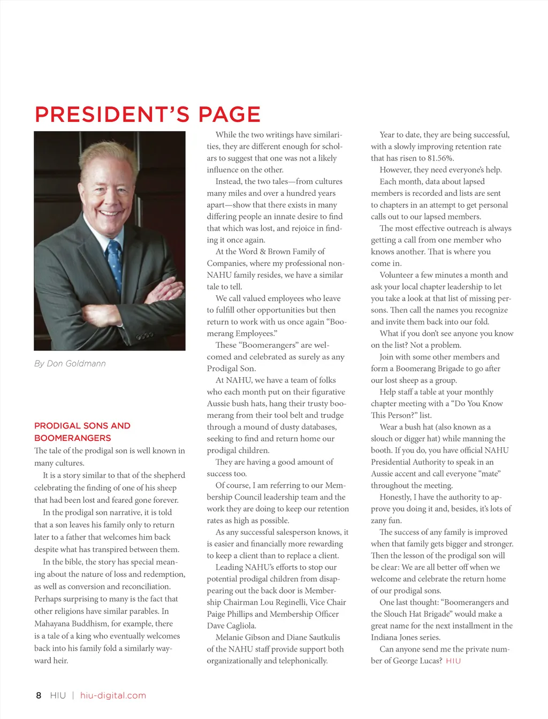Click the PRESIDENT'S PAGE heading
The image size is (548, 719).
click(147, 114)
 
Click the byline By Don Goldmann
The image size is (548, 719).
click(70, 364)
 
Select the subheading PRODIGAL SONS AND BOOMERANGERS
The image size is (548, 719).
click(82, 432)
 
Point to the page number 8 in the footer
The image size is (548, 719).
click(39, 695)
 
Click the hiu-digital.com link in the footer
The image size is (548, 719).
click(113, 695)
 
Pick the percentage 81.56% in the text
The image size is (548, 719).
click(436, 158)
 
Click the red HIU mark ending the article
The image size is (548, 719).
click(453, 661)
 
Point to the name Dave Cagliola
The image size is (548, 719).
click(231, 626)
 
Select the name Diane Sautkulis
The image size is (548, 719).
click(311, 638)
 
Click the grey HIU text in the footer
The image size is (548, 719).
click(58, 695)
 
